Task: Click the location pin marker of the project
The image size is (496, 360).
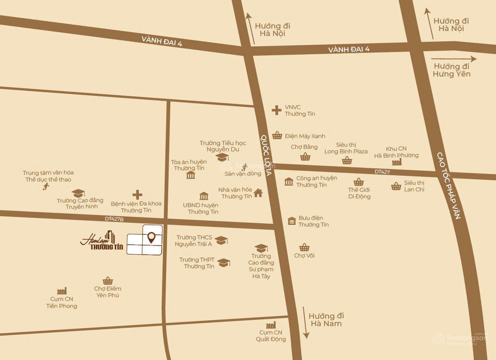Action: [x=152, y=237]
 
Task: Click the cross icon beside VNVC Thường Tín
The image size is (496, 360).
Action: [x=276, y=110]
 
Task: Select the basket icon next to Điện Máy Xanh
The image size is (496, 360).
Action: [x=277, y=136]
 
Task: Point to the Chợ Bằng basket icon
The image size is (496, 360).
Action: [x=305, y=157]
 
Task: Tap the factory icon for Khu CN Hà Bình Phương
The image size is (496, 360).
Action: [x=397, y=162]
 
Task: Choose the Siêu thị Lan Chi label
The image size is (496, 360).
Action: [x=414, y=186]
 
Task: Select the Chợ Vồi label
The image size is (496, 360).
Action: [x=304, y=255]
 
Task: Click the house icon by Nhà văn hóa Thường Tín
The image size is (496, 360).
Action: [x=258, y=193]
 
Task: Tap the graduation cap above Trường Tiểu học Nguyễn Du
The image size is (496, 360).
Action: [x=222, y=157]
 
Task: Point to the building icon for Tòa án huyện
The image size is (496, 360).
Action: [x=191, y=175]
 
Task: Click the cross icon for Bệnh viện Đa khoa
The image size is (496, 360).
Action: [x=137, y=195]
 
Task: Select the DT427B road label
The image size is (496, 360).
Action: [x=114, y=219]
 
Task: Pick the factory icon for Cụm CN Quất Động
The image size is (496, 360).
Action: [x=271, y=325]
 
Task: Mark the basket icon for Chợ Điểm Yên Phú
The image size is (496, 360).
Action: [x=108, y=281]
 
